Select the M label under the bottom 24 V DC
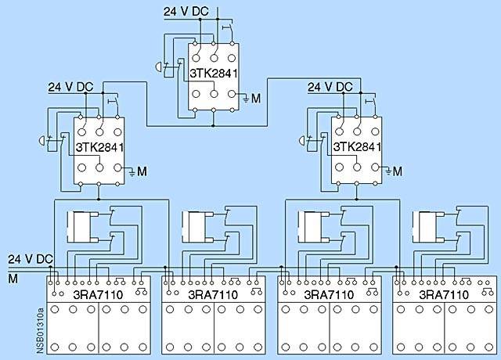point(12,277)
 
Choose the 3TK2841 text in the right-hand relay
point(358,146)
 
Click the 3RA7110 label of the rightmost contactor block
point(445,295)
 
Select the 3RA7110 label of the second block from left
point(213,295)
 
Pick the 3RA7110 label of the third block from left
point(330,295)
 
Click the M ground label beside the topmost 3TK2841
point(254,99)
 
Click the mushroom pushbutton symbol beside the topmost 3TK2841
point(160,69)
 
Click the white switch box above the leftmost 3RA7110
point(81,226)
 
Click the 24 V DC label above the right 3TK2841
point(331,85)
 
